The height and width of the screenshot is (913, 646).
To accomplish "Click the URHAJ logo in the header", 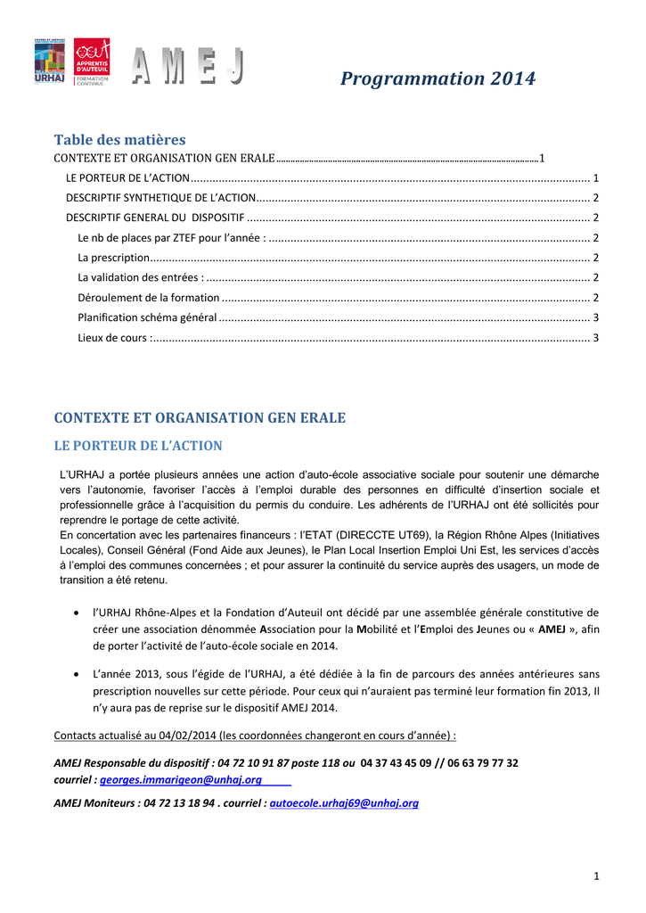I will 49,62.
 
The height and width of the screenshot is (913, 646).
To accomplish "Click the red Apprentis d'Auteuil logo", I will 92,62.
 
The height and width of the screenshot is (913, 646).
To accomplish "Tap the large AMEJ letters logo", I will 188,68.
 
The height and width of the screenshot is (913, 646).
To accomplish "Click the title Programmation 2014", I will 437,78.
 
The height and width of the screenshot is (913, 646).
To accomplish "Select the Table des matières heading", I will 119,140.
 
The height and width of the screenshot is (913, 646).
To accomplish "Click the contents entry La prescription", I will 113,258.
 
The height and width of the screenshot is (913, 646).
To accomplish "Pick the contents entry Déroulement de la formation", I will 149,298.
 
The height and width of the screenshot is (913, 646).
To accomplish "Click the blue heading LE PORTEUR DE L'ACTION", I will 138,446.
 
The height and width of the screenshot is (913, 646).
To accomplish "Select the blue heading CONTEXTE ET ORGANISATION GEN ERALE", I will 200,417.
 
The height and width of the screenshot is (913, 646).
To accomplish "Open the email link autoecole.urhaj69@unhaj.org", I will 344,803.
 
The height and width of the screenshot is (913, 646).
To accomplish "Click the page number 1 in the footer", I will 596,877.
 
